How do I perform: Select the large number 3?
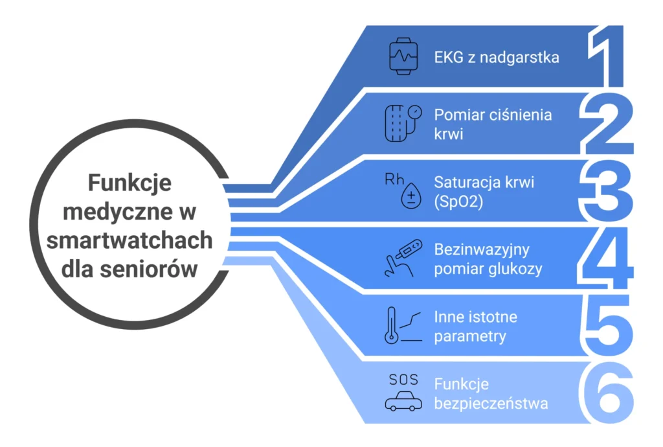coord(606,191)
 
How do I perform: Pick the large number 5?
coord(606,326)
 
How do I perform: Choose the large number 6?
coord(606,393)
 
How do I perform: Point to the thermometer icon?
coord(390,326)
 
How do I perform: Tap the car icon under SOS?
coord(403,402)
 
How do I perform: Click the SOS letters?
coord(403,380)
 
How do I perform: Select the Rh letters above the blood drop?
coord(394,179)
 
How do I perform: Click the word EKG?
coord(448,58)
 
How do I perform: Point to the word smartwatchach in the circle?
coord(129,240)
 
